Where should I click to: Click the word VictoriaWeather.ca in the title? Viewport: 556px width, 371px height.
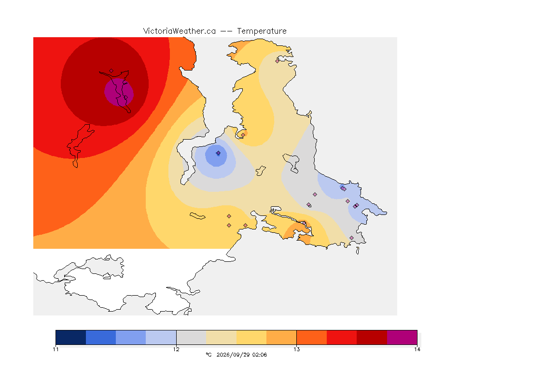coord(180,31)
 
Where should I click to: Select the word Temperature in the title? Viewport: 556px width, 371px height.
coord(262,31)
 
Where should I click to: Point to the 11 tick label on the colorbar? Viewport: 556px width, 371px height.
coord(56,349)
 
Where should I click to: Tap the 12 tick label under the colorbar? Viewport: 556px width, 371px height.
coord(176,349)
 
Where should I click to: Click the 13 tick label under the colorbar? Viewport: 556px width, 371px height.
coord(296,349)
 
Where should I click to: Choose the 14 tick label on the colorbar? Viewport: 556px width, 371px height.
coord(417,349)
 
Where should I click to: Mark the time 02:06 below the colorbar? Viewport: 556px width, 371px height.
coord(260,355)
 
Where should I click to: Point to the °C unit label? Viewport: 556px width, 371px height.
coord(208,355)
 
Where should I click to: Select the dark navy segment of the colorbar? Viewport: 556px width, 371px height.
coord(71,337)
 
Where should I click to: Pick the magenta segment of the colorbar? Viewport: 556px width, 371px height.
coord(402,337)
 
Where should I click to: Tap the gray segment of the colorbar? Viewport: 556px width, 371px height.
coord(191,337)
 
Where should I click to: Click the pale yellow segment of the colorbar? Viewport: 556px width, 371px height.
coord(221,337)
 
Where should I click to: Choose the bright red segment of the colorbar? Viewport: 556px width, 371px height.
coord(342,337)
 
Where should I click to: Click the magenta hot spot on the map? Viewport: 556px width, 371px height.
coord(119,92)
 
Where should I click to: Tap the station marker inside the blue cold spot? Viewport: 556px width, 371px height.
coord(219,153)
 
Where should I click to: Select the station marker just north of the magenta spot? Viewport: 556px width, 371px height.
coord(111,71)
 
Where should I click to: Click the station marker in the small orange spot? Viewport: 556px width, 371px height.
coord(243,135)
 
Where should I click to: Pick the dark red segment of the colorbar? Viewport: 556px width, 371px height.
coord(372,337)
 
